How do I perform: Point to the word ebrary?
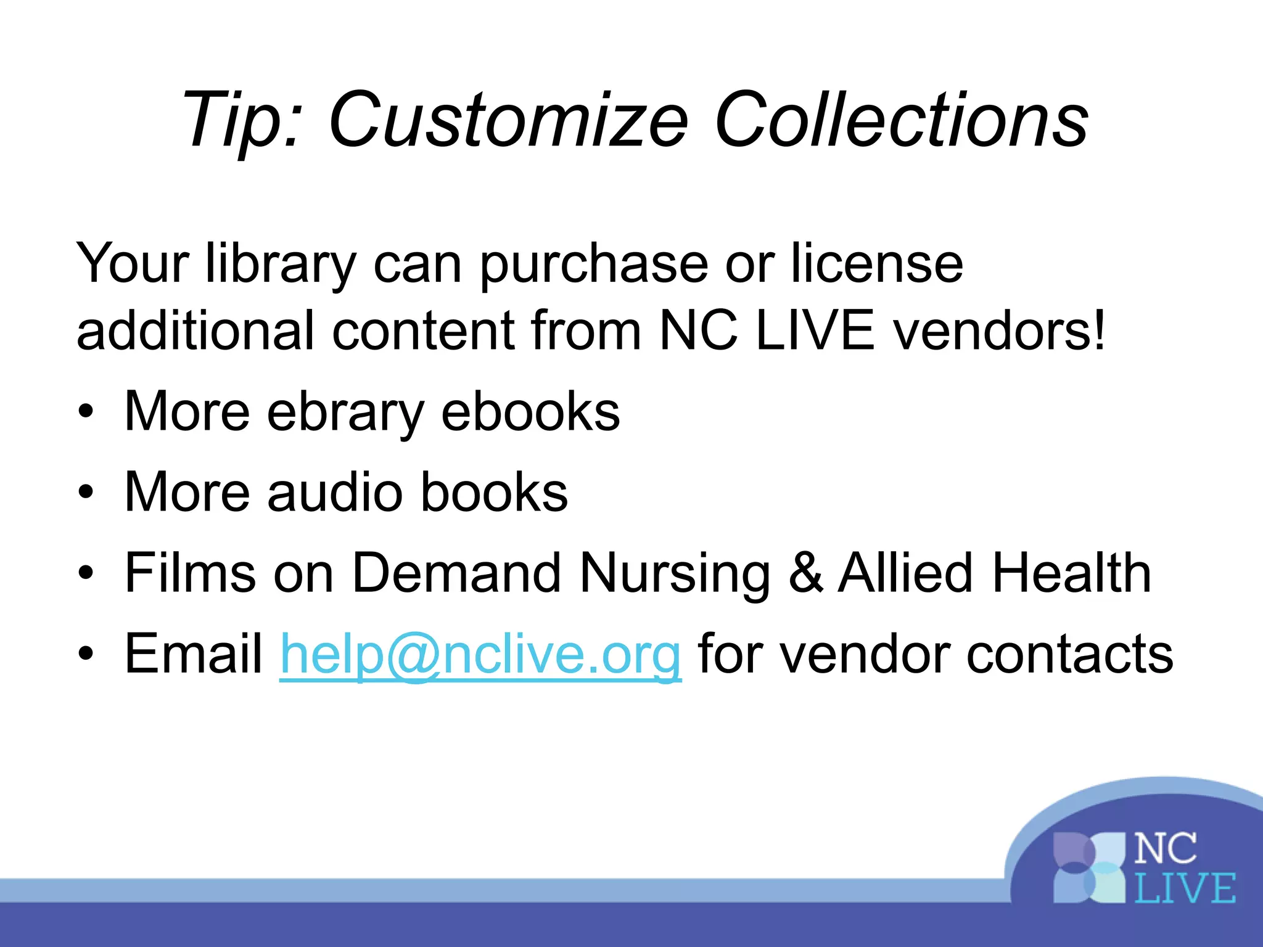345,412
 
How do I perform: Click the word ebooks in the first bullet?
530,412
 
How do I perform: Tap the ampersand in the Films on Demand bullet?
805,573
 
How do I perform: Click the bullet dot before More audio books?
86,492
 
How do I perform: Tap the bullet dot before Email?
86,654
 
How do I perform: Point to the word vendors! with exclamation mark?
1000,330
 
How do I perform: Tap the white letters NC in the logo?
1166,849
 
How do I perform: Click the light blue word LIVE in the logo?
1185,888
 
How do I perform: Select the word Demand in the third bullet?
456,573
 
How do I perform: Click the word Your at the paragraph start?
132,264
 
